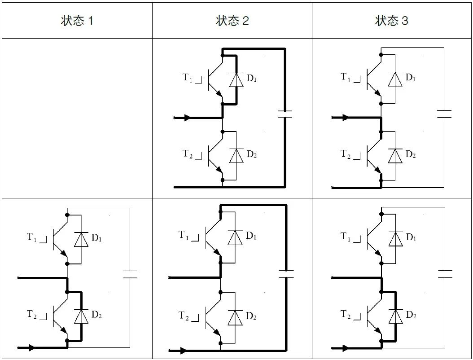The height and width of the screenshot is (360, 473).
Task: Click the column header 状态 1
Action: [x=77, y=21]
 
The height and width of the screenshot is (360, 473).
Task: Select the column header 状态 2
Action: [x=232, y=21]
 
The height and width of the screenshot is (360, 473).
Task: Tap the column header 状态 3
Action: [x=392, y=21]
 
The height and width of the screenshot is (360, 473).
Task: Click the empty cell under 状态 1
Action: [x=77, y=119]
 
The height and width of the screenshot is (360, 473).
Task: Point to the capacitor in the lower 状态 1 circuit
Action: [x=130, y=274]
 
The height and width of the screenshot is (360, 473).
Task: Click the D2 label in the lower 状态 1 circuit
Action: [x=96, y=315]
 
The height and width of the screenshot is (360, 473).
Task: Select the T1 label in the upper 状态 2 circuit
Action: [x=187, y=78]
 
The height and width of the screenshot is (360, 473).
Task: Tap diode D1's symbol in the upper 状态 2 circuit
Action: [x=236, y=79]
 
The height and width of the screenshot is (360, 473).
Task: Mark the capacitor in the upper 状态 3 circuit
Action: [x=444, y=114]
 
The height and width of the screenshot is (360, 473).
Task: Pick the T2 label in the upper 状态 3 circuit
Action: [x=346, y=154]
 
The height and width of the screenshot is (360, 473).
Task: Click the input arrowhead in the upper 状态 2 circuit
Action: [x=188, y=118]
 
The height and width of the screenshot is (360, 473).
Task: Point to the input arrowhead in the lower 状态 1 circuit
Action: [x=31, y=347]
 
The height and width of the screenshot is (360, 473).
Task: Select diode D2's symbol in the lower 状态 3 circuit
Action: [x=395, y=316]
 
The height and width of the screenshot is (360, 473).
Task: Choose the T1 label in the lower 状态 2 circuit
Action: [x=184, y=235]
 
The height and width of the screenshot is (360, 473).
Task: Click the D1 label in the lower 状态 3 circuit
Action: [x=411, y=237]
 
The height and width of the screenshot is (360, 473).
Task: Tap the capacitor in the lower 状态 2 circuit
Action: [x=286, y=274]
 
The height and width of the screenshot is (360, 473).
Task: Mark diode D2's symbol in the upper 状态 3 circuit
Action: [x=395, y=156]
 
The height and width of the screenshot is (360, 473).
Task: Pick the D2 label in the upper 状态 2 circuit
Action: [x=252, y=154]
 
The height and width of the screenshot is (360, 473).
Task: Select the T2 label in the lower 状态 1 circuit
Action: [x=32, y=314]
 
